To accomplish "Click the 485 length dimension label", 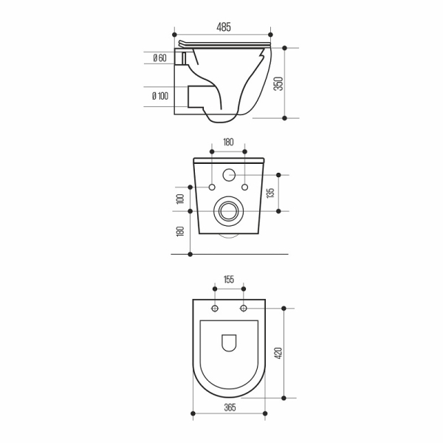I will coord(224,27).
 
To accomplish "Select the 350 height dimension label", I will coord(278,83).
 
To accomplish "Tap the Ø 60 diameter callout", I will coord(159,58).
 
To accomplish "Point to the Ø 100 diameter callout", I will coord(159,95).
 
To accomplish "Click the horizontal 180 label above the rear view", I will coord(228,142).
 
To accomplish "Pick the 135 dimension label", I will coord(271,193).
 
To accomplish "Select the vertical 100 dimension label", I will coord(179,199).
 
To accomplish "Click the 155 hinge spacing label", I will coord(228,280).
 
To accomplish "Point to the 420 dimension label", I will coord(278,353).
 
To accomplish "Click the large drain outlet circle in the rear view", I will coord(228,210).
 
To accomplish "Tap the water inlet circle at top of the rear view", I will coord(228,176).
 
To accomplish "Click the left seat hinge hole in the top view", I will coord(215,308).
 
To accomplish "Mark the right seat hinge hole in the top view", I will coord(242,308).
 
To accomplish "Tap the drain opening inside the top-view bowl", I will coord(228,343).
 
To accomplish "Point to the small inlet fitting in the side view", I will coord(179,58).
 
